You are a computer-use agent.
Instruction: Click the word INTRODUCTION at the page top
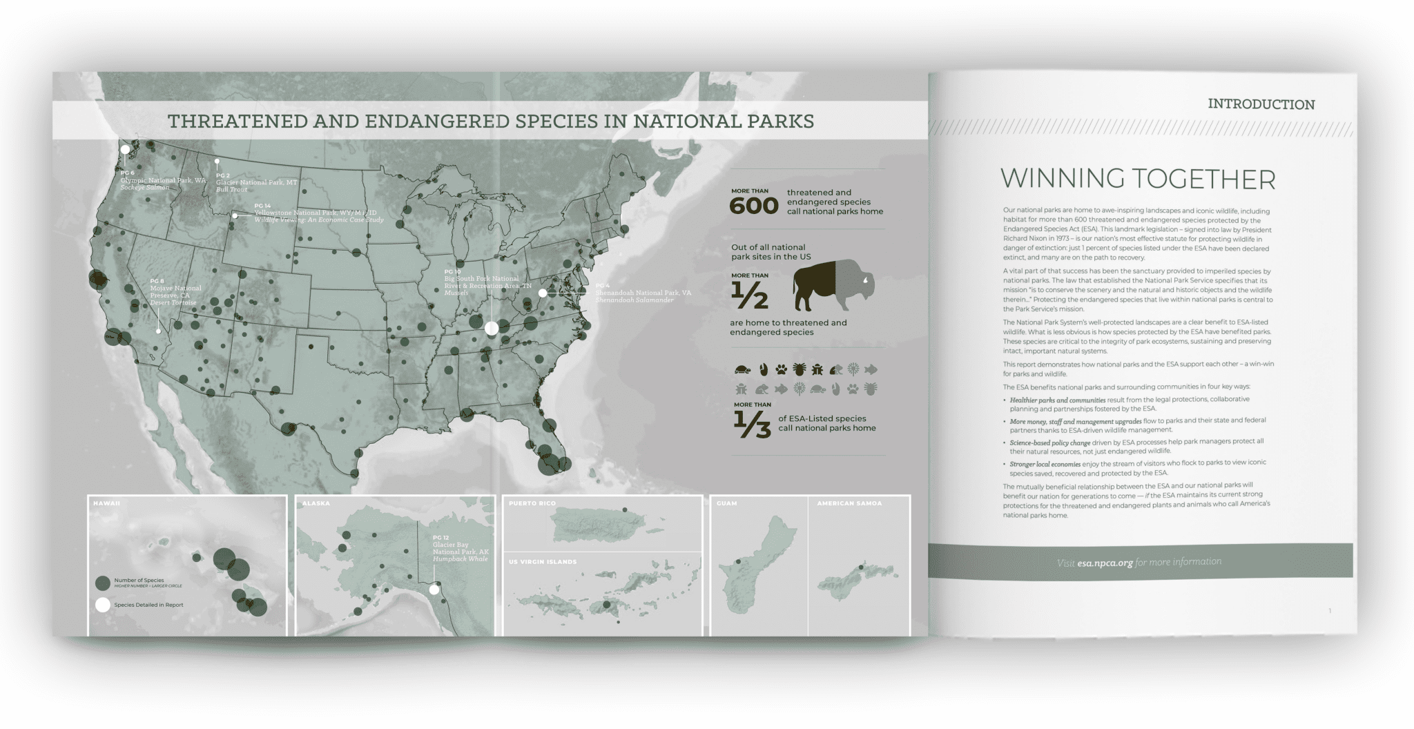pos(1261,104)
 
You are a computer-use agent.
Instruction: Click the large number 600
pos(754,206)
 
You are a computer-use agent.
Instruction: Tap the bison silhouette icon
pos(833,285)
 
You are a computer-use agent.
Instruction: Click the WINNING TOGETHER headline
pos(1138,179)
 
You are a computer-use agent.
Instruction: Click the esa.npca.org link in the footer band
pos(1105,563)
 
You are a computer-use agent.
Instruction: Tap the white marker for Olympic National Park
pos(125,149)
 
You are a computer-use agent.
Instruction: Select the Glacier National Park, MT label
pos(256,182)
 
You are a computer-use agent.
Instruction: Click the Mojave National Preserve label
pos(175,292)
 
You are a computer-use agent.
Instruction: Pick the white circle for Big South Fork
pos(492,329)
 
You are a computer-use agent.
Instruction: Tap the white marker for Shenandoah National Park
pos(543,293)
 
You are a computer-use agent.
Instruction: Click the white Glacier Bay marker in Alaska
pos(434,590)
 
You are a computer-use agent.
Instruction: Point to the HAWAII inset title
pos(107,503)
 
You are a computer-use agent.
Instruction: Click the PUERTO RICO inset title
pos(532,503)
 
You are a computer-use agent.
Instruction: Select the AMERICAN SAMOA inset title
pos(849,503)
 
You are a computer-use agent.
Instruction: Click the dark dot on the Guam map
pos(738,562)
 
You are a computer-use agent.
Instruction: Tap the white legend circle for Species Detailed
pos(103,605)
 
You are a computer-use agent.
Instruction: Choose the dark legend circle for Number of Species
pos(103,583)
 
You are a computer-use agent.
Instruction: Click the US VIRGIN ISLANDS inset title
pos(543,562)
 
